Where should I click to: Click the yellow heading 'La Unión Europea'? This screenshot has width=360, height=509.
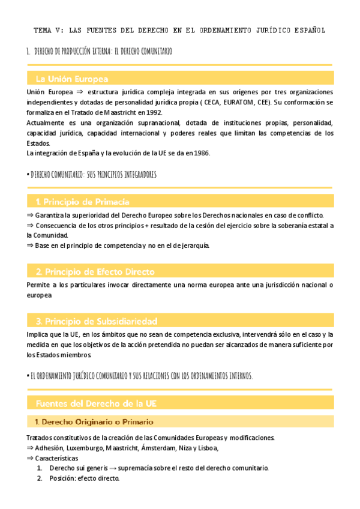pos(72,79)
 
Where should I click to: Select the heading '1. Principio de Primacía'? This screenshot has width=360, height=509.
pos(83,202)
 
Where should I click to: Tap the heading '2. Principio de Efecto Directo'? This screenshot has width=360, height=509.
pos(95,271)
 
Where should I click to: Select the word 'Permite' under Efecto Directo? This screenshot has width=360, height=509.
pos(40,285)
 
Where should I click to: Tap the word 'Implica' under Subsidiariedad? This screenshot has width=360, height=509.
pos(39,334)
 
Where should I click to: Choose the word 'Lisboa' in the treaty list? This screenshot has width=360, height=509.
pos(206,447)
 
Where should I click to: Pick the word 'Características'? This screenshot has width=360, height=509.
pos(61,458)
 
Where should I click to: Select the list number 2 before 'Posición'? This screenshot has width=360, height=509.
pos(40,478)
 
